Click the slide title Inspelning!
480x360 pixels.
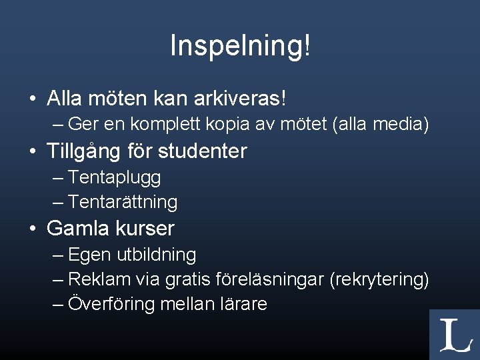pyautogui.click(x=240, y=46)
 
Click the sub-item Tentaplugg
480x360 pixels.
pyautogui.click(x=115, y=178)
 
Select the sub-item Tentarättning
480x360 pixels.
pyautogui.click(x=123, y=202)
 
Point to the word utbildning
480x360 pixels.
pyautogui.click(x=157, y=255)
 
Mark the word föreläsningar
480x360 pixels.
pyautogui.click(x=271, y=279)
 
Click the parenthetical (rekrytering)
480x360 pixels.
pyautogui.click(x=379, y=279)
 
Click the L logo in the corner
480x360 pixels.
pyautogui.click(x=454, y=335)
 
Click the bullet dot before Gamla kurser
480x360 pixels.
pyautogui.click(x=33, y=229)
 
